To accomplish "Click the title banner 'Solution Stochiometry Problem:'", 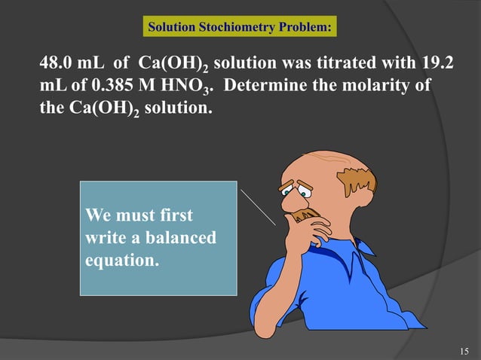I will point(239,29).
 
